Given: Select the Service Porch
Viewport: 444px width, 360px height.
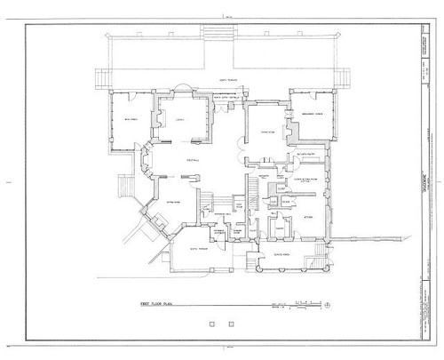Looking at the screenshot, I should (284, 253).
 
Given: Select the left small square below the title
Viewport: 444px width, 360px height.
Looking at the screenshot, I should (210, 324).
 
